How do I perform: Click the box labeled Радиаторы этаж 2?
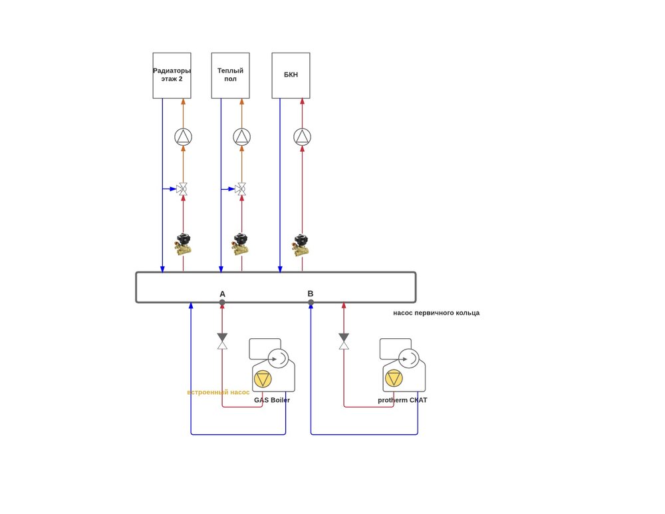tap(172, 75)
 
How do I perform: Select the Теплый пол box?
tap(230, 75)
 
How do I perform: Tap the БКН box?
tap(291, 75)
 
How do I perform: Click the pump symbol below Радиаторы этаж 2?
tap(183, 136)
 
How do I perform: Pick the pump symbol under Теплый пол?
tap(241, 136)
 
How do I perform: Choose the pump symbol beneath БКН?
tap(302, 136)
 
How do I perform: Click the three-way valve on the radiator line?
tap(182, 189)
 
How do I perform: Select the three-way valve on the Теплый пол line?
tap(241, 189)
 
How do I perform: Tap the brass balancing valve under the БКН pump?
tap(301, 244)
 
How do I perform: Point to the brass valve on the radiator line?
tap(183, 244)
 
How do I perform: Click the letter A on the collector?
tap(222, 294)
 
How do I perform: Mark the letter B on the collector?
tap(311, 294)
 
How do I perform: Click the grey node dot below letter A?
tap(222, 302)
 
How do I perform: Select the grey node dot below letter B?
tap(311, 302)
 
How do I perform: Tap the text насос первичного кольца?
tap(436, 313)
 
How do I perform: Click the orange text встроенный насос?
tap(218, 392)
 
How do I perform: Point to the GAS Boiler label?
tap(272, 400)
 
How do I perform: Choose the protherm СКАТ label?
tap(402, 400)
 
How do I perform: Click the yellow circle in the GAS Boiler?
tap(263, 379)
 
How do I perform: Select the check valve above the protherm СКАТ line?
tap(344, 341)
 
